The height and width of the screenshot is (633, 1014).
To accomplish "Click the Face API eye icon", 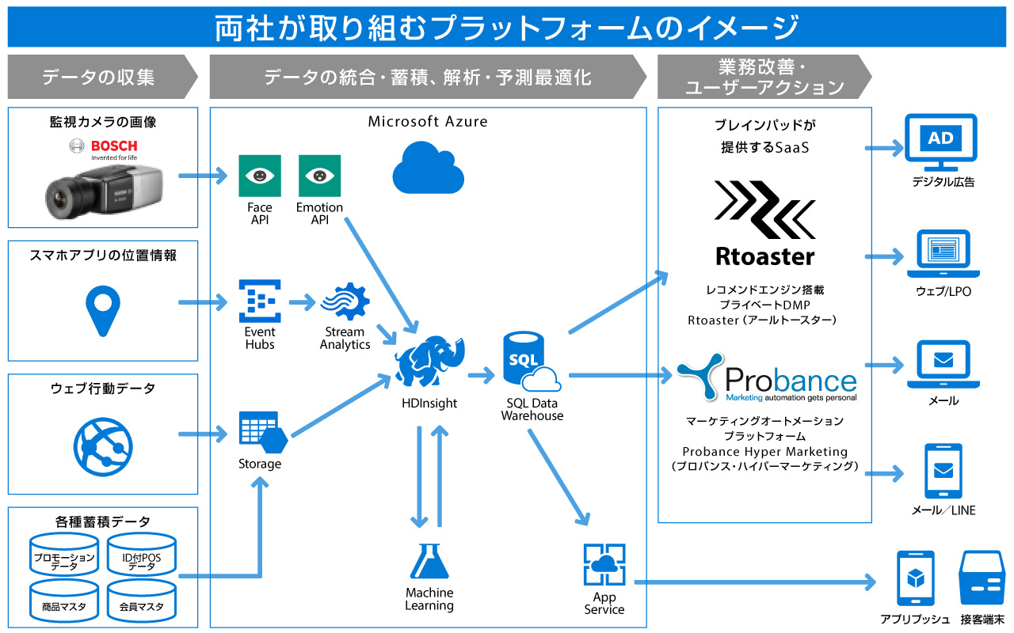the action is click(x=260, y=176).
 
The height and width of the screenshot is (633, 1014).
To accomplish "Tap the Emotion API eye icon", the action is click(x=319, y=176).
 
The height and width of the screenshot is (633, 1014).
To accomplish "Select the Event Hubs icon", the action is click(x=260, y=301).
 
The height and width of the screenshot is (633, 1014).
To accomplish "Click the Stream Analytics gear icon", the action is click(x=345, y=301).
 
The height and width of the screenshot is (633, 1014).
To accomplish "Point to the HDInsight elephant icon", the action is click(x=429, y=361).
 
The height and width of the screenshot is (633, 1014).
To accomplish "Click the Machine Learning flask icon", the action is click(x=429, y=561).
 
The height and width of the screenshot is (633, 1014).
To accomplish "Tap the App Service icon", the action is click(x=604, y=564).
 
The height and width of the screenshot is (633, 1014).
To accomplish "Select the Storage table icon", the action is click(x=263, y=432).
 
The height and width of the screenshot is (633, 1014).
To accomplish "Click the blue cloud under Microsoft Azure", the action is click(x=429, y=167).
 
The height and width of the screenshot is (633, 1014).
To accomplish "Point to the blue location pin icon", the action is click(x=103, y=311).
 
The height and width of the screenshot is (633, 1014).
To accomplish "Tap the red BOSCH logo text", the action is click(x=114, y=146).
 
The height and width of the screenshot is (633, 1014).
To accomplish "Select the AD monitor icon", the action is click(x=940, y=142).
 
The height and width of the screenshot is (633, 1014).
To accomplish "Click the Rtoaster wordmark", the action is click(x=765, y=256).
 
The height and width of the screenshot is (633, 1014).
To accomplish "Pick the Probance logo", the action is click(x=767, y=378).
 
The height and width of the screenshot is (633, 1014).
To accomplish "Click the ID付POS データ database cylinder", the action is click(x=141, y=555).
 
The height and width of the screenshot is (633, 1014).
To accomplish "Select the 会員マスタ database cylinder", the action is click(x=141, y=601).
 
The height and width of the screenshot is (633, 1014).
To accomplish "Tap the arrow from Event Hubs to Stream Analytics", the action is click(x=302, y=301).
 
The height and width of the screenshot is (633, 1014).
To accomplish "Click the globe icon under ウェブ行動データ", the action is click(x=103, y=447).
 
